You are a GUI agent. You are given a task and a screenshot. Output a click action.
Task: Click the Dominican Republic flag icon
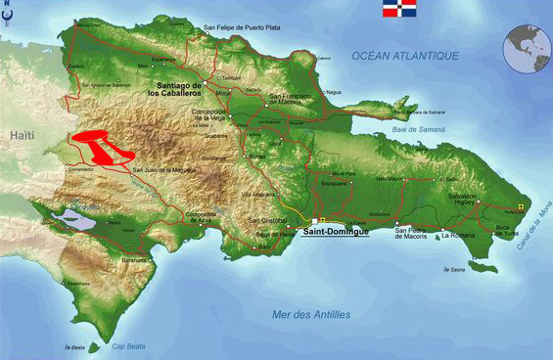coord(400,13)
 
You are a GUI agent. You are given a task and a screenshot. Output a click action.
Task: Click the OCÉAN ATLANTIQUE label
coord(405,56)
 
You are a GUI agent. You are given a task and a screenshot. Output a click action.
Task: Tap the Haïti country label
coord(21,136)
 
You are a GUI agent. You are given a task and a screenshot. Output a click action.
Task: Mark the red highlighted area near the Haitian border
coord(100,147)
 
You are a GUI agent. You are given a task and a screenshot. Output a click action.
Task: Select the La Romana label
coord(458,236)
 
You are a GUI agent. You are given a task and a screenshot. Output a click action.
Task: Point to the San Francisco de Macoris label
coord(290,98)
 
